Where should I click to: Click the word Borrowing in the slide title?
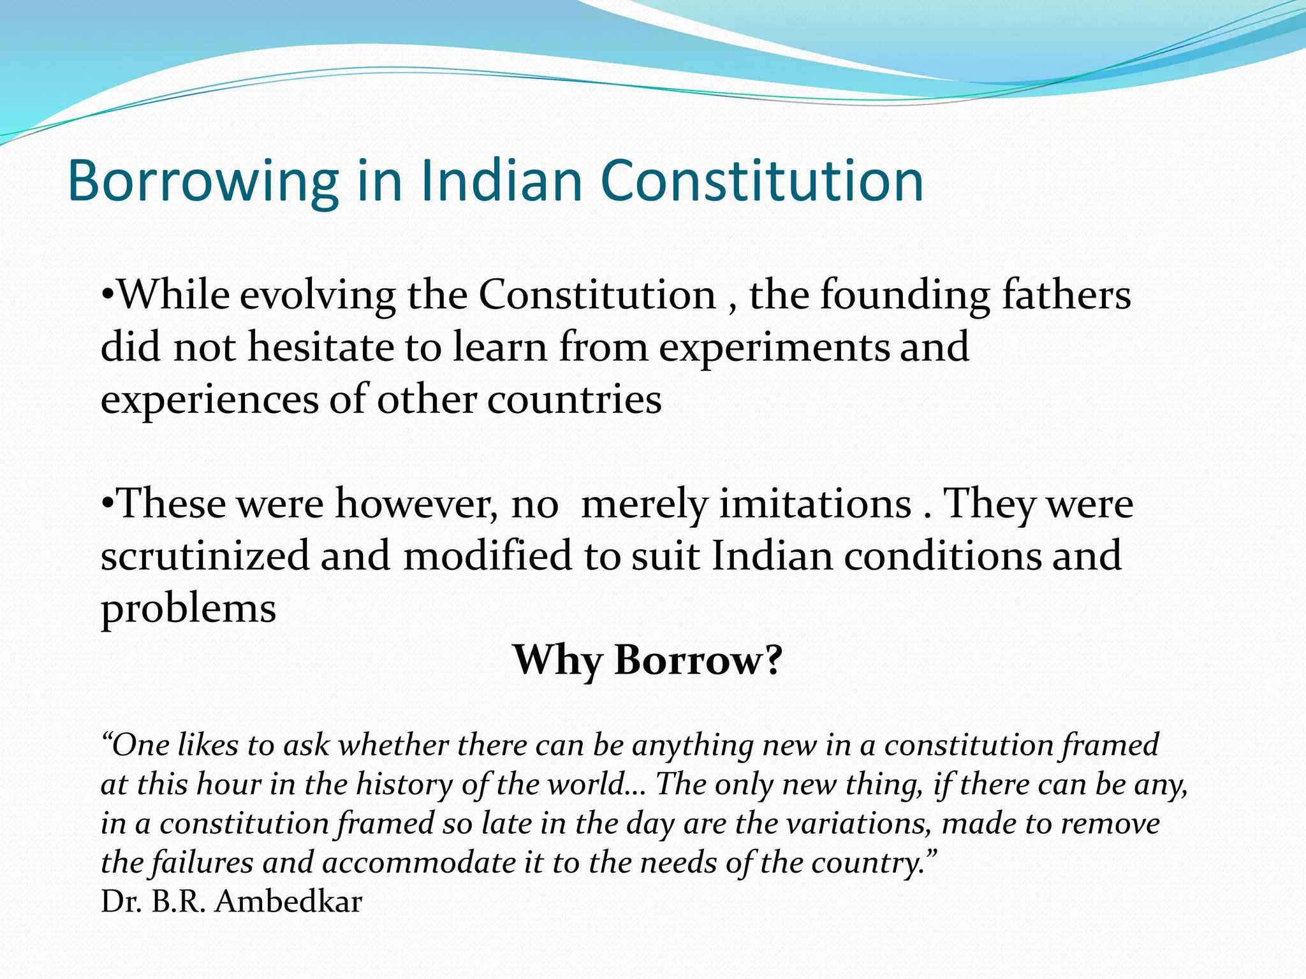(203, 182)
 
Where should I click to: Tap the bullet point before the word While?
(108, 295)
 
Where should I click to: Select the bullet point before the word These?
(108, 504)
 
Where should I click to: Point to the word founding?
(905, 296)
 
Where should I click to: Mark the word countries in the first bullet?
(574, 400)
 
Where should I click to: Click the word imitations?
(816, 504)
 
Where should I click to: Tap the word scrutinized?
(204, 556)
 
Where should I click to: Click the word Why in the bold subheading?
(557, 661)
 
